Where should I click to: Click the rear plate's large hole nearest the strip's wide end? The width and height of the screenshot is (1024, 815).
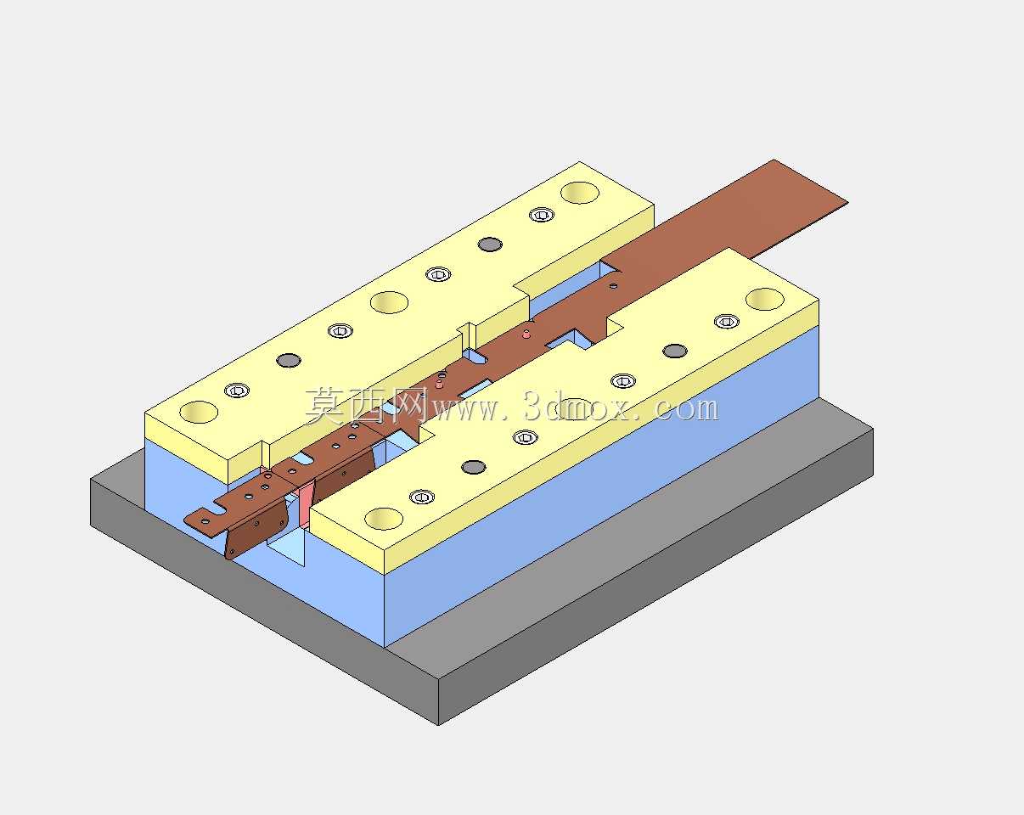(x=580, y=193)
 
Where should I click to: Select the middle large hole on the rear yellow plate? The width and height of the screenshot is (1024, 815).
(x=389, y=302)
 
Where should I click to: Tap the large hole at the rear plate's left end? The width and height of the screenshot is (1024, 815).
(x=199, y=412)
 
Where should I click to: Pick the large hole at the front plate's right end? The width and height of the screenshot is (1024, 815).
(x=765, y=300)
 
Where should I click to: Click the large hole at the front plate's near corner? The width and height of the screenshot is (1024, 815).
(x=384, y=519)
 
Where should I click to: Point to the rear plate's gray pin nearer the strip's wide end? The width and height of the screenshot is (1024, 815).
(x=490, y=244)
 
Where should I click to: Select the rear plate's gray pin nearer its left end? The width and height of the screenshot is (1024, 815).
(x=289, y=360)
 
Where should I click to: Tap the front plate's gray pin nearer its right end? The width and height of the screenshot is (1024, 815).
(x=675, y=351)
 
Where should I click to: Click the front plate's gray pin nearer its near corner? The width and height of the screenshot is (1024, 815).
(x=474, y=467)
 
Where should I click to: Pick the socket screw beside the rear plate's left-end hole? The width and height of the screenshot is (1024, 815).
(x=237, y=391)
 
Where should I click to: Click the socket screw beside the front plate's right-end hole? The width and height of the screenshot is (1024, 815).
(x=727, y=322)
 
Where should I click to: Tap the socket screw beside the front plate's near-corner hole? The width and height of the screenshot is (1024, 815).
(x=422, y=497)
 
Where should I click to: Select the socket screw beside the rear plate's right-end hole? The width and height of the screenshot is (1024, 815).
(x=542, y=215)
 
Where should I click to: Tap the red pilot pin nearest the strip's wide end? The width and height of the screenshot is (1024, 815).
(x=526, y=334)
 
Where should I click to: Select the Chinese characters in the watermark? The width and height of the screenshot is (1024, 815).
(x=368, y=405)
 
